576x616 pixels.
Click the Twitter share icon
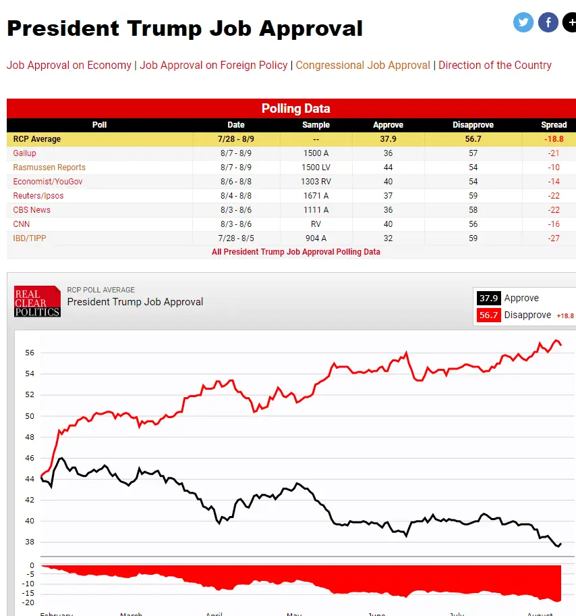[x=523, y=22]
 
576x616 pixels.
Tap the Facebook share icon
[x=548, y=22]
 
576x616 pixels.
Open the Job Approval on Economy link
[x=69, y=66]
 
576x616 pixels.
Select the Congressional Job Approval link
[x=363, y=66]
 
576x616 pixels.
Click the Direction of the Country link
[x=495, y=66]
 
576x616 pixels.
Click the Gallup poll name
[x=25, y=153]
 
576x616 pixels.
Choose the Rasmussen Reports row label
[x=49, y=168]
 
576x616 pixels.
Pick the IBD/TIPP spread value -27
[x=554, y=238]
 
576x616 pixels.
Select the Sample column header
[x=316, y=125]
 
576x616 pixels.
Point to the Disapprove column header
[x=473, y=125]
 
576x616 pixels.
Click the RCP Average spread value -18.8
[x=554, y=139]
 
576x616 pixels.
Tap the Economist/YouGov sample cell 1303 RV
[x=316, y=182]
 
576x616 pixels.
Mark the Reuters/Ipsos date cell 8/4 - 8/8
[x=236, y=196]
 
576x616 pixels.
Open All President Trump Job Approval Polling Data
[x=296, y=252]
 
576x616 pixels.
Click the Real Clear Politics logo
[x=37, y=301]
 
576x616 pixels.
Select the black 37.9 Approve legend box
[x=488, y=298]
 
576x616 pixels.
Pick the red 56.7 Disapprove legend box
[x=488, y=315]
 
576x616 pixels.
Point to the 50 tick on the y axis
[x=30, y=416]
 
